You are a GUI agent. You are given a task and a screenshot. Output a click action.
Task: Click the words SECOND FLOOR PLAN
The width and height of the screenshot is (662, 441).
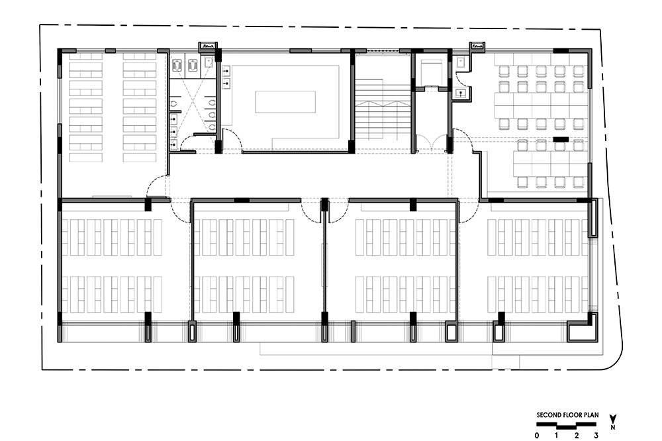pos(567,415)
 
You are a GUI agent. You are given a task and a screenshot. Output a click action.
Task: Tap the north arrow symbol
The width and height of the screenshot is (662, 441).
pos(613,422)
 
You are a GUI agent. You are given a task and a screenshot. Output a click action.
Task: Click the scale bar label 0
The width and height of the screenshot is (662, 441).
pos(537,436)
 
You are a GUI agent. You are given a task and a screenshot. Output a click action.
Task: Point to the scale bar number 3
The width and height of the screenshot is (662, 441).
pos(596,436)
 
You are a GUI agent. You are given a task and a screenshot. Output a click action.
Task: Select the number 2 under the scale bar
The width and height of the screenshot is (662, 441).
pos(577,436)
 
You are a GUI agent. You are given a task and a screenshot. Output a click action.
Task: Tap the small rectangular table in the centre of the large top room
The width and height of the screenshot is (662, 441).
pos(285,102)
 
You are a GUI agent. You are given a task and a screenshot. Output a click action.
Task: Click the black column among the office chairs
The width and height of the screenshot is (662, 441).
pos(561,139)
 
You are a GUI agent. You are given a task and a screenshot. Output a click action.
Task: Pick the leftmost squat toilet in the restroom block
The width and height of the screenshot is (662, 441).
pos(177,66)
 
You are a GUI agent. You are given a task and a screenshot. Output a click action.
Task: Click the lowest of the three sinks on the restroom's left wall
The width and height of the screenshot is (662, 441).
pos(173,144)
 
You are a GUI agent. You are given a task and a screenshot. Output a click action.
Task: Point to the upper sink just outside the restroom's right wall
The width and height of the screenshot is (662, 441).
pos(226,70)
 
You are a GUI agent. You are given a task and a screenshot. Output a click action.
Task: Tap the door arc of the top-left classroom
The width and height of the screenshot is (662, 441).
pos(156,186)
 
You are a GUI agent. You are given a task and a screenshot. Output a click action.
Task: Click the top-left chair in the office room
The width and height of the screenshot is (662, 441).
pos(504,72)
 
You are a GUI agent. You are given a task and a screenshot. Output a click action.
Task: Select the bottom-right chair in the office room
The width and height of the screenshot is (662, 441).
pos(579,181)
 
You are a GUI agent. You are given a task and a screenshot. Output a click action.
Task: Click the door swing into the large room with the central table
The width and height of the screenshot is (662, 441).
pos(231,140)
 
